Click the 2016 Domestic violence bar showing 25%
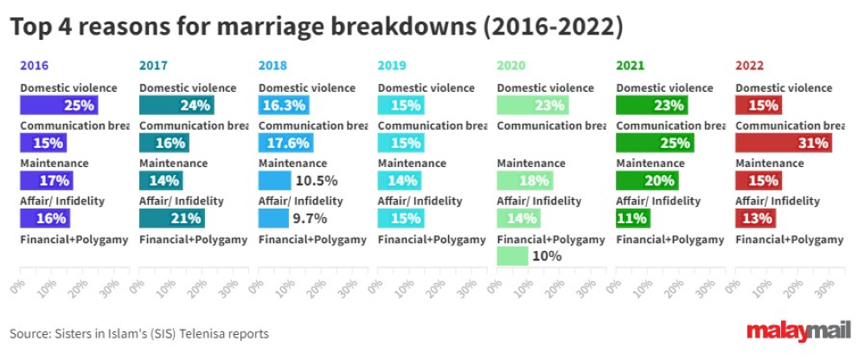coord(59,105)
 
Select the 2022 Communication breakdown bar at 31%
coord(783,143)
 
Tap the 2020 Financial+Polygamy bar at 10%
coord(512,256)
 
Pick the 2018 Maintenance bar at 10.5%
coord(275,181)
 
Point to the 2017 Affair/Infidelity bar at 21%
coord(171,218)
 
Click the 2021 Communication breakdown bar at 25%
coord(654,143)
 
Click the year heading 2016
coord(34,65)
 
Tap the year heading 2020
coord(511,65)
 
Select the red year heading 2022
coord(750,65)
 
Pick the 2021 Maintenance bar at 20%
coord(645,181)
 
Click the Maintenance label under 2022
coord(769,163)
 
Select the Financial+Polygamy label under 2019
coord(432,239)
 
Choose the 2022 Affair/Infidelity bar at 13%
coord(755,218)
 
